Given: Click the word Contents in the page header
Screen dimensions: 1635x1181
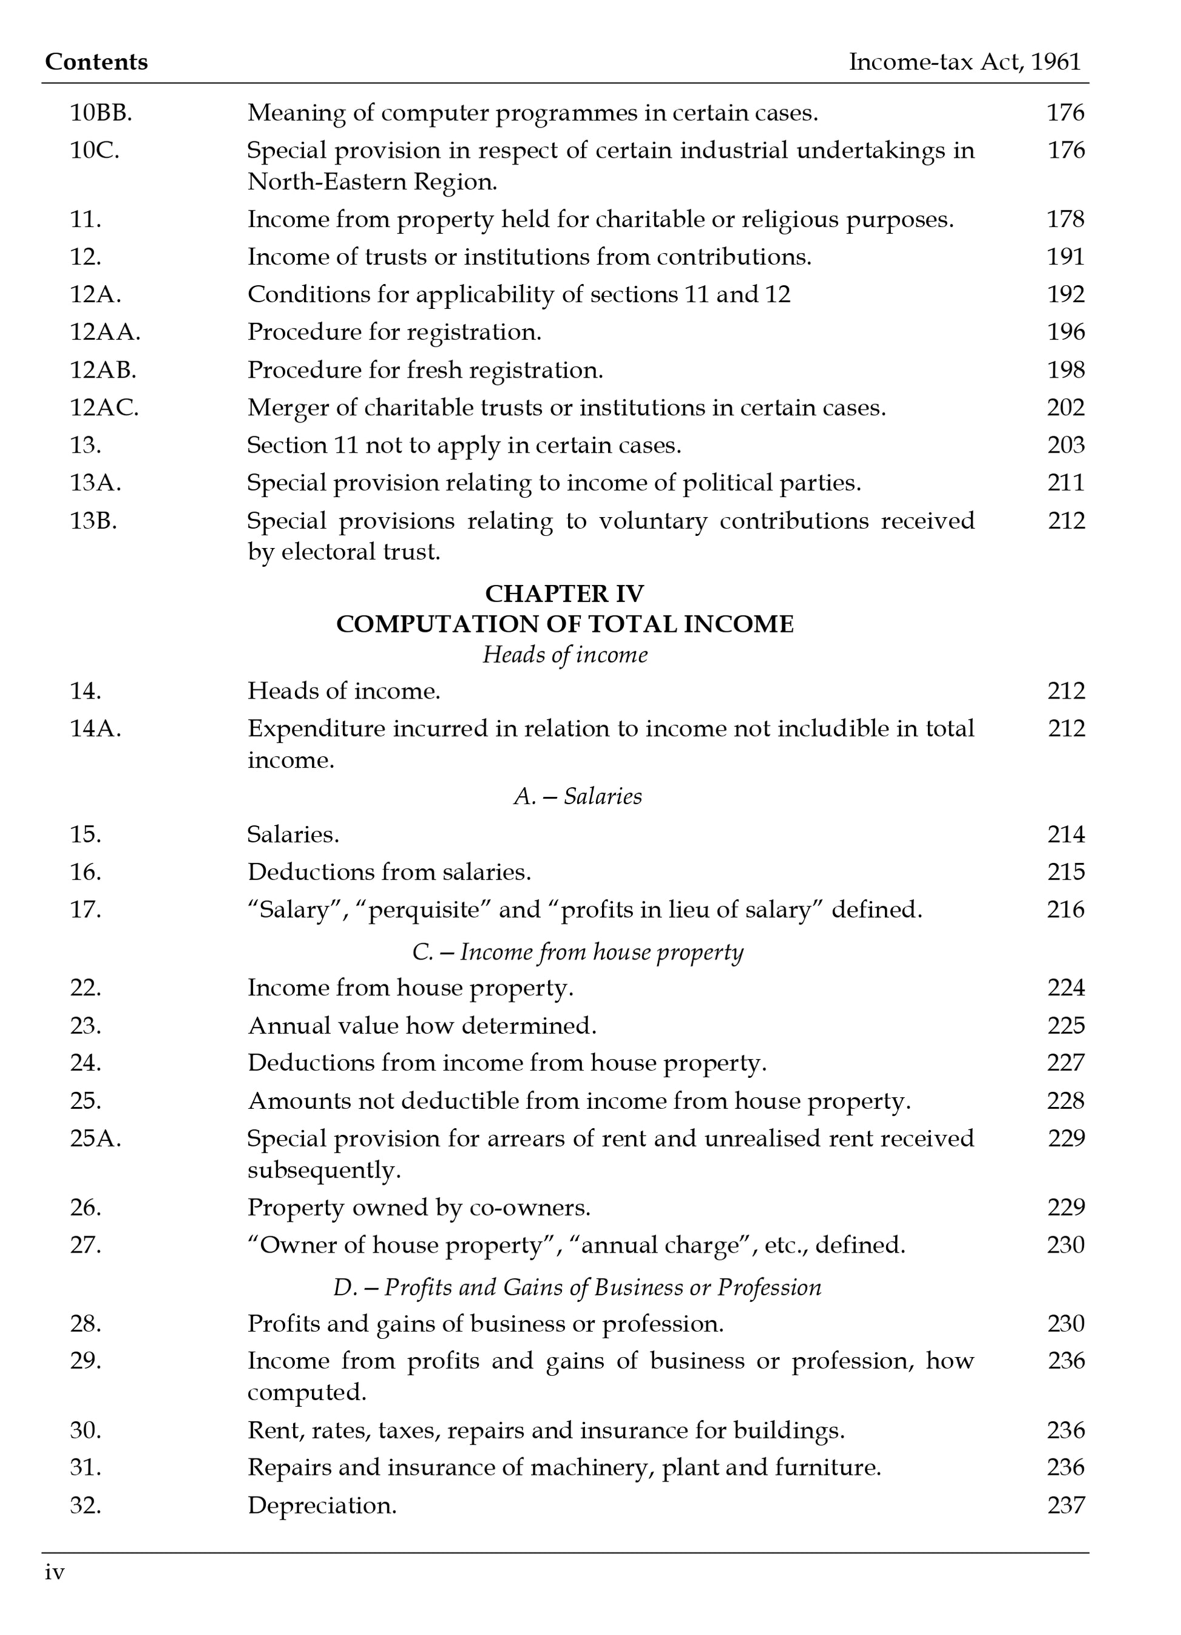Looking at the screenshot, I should (x=96, y=62).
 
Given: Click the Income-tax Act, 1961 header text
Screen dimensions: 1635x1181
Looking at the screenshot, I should (x=965, y=62).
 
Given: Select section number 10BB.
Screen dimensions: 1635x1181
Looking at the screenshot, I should (x=101, y=112).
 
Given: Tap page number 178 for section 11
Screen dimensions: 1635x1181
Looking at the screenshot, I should (x=1065, y=219).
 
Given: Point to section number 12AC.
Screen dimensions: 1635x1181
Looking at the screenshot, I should (x=104, y=408).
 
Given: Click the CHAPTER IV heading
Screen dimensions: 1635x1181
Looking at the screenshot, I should (x=564, y=594).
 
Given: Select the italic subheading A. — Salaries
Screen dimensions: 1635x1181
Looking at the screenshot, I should (x=578, y=797).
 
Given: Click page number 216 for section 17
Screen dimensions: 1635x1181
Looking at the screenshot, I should (x=1065, y=910).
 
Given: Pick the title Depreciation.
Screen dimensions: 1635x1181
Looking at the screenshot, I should (x=322, y=1505).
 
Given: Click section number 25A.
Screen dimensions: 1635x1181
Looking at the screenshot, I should (x=95, y=1139).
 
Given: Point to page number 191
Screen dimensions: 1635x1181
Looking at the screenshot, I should (x=1065, y=257).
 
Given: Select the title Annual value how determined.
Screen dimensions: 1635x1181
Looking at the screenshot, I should (x=422, y=1026).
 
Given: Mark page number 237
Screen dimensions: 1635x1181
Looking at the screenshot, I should (x=1065, y=1505).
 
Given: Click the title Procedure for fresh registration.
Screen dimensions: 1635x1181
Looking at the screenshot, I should (x=425, y=371).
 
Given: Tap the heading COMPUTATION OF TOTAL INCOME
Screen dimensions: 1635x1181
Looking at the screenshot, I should (x=564, y=625).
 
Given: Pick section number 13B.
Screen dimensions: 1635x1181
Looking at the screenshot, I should (x=93, y=521).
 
